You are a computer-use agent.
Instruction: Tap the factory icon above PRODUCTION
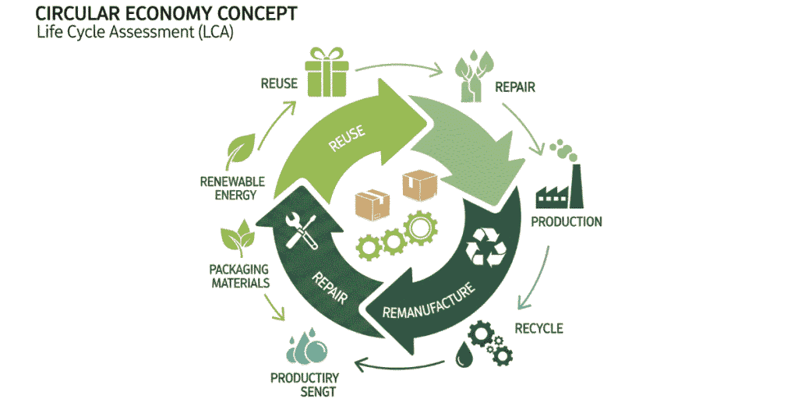coord(560,187)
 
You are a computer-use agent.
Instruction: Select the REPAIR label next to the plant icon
coord(515,87)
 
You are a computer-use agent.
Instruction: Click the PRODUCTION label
coord(567,222)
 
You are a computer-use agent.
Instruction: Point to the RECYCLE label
coord(538,328)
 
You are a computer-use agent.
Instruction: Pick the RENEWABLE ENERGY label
coord(232,188)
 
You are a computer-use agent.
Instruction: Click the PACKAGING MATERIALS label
coord(240,276)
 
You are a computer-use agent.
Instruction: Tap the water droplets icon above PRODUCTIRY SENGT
coord(303,348)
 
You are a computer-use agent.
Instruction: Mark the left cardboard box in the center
coord(372,205)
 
